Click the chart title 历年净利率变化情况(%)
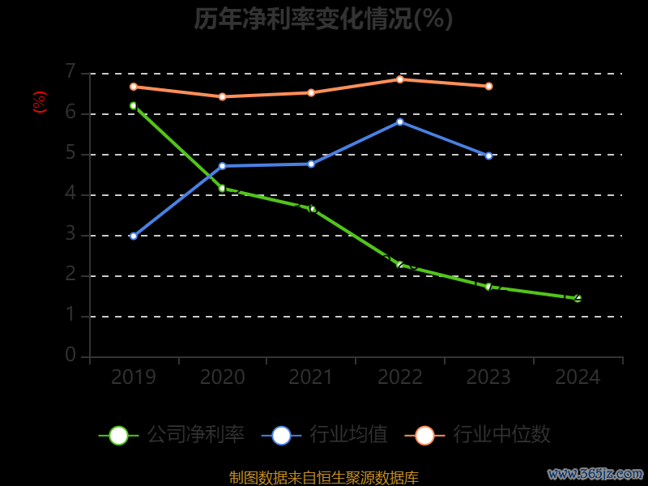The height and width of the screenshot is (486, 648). click(323, 19)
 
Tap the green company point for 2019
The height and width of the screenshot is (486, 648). click(134, 105)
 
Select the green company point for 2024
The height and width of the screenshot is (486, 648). click(578, 298)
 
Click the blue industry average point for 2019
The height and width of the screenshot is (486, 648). click(134, 236)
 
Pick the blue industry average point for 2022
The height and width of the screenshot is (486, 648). click(400, 122)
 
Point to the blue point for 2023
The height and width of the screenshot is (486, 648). click(488, 156)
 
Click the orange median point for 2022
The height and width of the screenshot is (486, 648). click(400, 79)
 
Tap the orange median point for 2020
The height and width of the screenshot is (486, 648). click(223, 96)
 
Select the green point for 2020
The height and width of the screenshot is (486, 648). click(223, 189)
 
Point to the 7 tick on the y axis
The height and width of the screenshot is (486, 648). click(70, 73)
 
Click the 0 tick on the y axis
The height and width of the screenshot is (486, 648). click(70, 356)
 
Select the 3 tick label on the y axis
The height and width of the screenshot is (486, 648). click(70, 235)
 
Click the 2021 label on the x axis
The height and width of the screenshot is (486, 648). click(311, 377)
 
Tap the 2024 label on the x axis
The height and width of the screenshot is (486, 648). click(578, 377)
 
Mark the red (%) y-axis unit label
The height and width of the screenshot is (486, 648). click(40, 102)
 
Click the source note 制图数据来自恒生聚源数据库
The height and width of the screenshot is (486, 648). click(324, 478)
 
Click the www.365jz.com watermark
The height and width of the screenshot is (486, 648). click(595, 473)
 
